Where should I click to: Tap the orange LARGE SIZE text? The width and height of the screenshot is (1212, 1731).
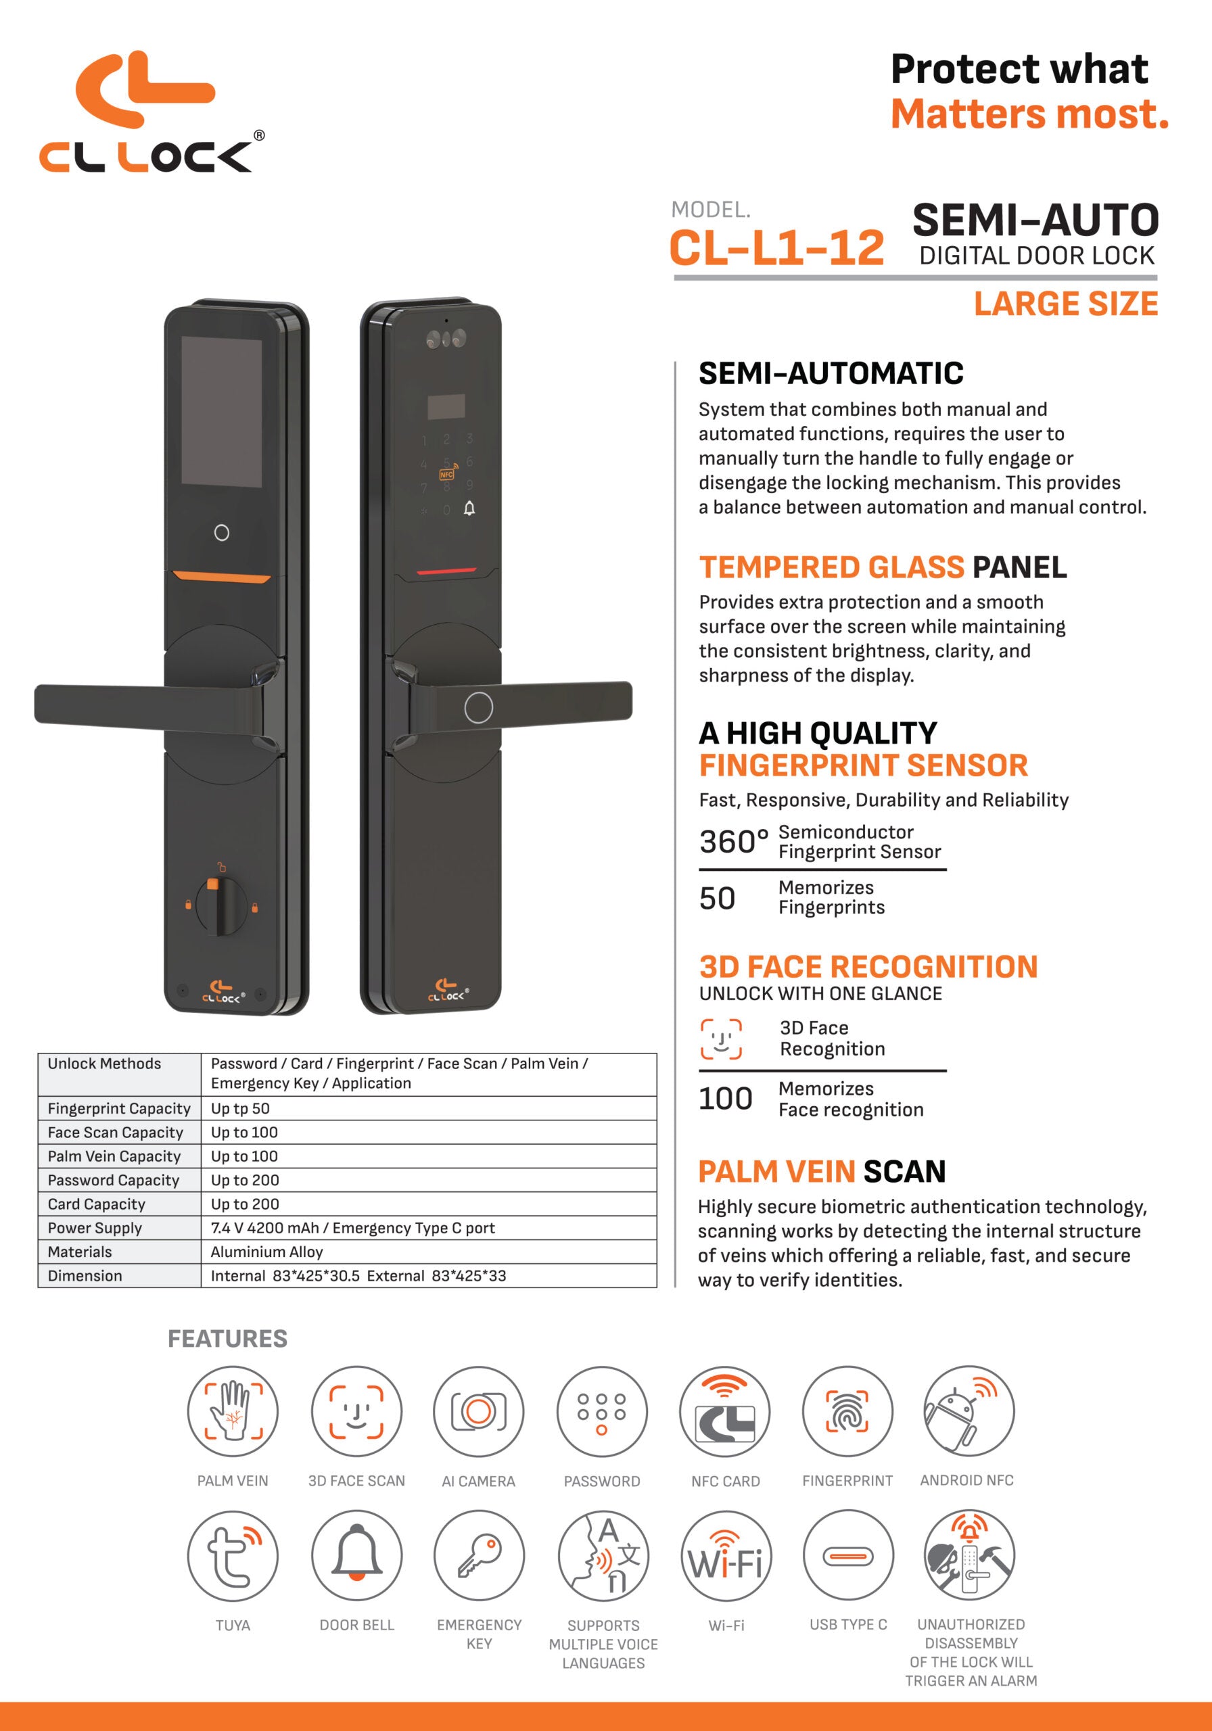1066,304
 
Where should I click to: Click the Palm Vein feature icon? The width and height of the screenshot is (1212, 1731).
232,1410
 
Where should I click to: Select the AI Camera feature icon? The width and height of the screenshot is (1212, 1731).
478,1410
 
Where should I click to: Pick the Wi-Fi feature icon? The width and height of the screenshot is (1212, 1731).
726,1555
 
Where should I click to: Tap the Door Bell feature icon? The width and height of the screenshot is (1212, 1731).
356,1555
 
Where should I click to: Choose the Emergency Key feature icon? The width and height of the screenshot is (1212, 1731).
479,1555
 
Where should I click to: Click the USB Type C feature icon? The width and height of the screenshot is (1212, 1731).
847,1555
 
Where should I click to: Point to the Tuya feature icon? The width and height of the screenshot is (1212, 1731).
232,1555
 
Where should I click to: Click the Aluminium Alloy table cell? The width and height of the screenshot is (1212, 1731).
428,1252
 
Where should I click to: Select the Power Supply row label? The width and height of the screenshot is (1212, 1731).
119,1227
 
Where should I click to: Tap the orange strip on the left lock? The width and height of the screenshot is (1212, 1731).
222,578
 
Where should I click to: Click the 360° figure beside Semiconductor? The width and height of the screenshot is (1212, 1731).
734,841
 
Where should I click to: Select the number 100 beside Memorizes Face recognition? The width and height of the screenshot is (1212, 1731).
725,1099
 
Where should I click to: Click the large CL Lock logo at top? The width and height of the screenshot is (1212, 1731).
151,112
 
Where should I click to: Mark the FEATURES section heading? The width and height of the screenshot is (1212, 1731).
227,1338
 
